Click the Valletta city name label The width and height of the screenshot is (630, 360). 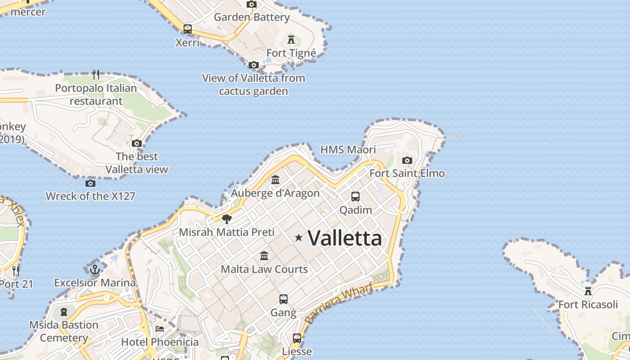(x=345, y=238)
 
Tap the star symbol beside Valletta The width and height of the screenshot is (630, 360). (x=298, y=237)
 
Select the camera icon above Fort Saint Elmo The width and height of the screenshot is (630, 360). (x=407, y=161)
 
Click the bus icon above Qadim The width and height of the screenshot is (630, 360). (x=355, y=197)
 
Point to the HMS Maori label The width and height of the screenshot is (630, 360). (x=348, y=149)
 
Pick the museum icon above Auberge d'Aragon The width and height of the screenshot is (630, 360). (x=275, y=180)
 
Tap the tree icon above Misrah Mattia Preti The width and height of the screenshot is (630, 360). (x=227, y=219)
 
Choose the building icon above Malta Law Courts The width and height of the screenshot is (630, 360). (x=264, y=256)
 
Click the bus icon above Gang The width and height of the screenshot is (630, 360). (x=283, y=299)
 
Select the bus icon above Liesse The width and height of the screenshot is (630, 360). (x=297, y=338)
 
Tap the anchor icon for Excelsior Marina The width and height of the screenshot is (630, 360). (x=95, y=270)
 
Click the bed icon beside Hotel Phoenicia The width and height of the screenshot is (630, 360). (x=160, y=329)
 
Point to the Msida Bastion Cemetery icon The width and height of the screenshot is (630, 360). (x=64, y=311)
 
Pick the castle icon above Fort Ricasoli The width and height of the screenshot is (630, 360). (x=588, y=291)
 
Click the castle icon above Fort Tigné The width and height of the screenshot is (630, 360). (x=291, y=39)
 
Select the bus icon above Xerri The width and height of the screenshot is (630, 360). (x=188, y=29)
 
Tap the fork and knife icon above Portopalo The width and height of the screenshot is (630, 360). (x=96, y=74)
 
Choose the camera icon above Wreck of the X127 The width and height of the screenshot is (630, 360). (x=90, y=183)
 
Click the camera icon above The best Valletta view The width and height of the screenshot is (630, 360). (x=137, y=144)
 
